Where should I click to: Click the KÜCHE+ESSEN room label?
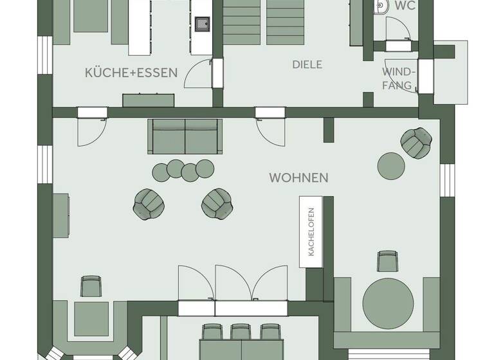pos(131,73)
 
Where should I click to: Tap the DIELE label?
pos(307,65)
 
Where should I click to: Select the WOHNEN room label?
pos(298,177)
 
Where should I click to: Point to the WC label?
pos(405,6)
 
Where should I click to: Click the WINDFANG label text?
pos(399,78)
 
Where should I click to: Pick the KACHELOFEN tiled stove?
pos(311,232)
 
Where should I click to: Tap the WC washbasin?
pos(381,6)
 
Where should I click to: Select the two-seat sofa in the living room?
pos(185,136)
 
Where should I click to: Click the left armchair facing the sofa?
pos(149,204)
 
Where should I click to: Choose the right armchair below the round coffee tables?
pos(217,203)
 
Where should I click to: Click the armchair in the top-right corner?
pos(416,142)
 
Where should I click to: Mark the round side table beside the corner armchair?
pos(392,166)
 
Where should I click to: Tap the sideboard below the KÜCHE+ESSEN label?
pos(149,100)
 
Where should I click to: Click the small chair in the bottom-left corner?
pos(91,285)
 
